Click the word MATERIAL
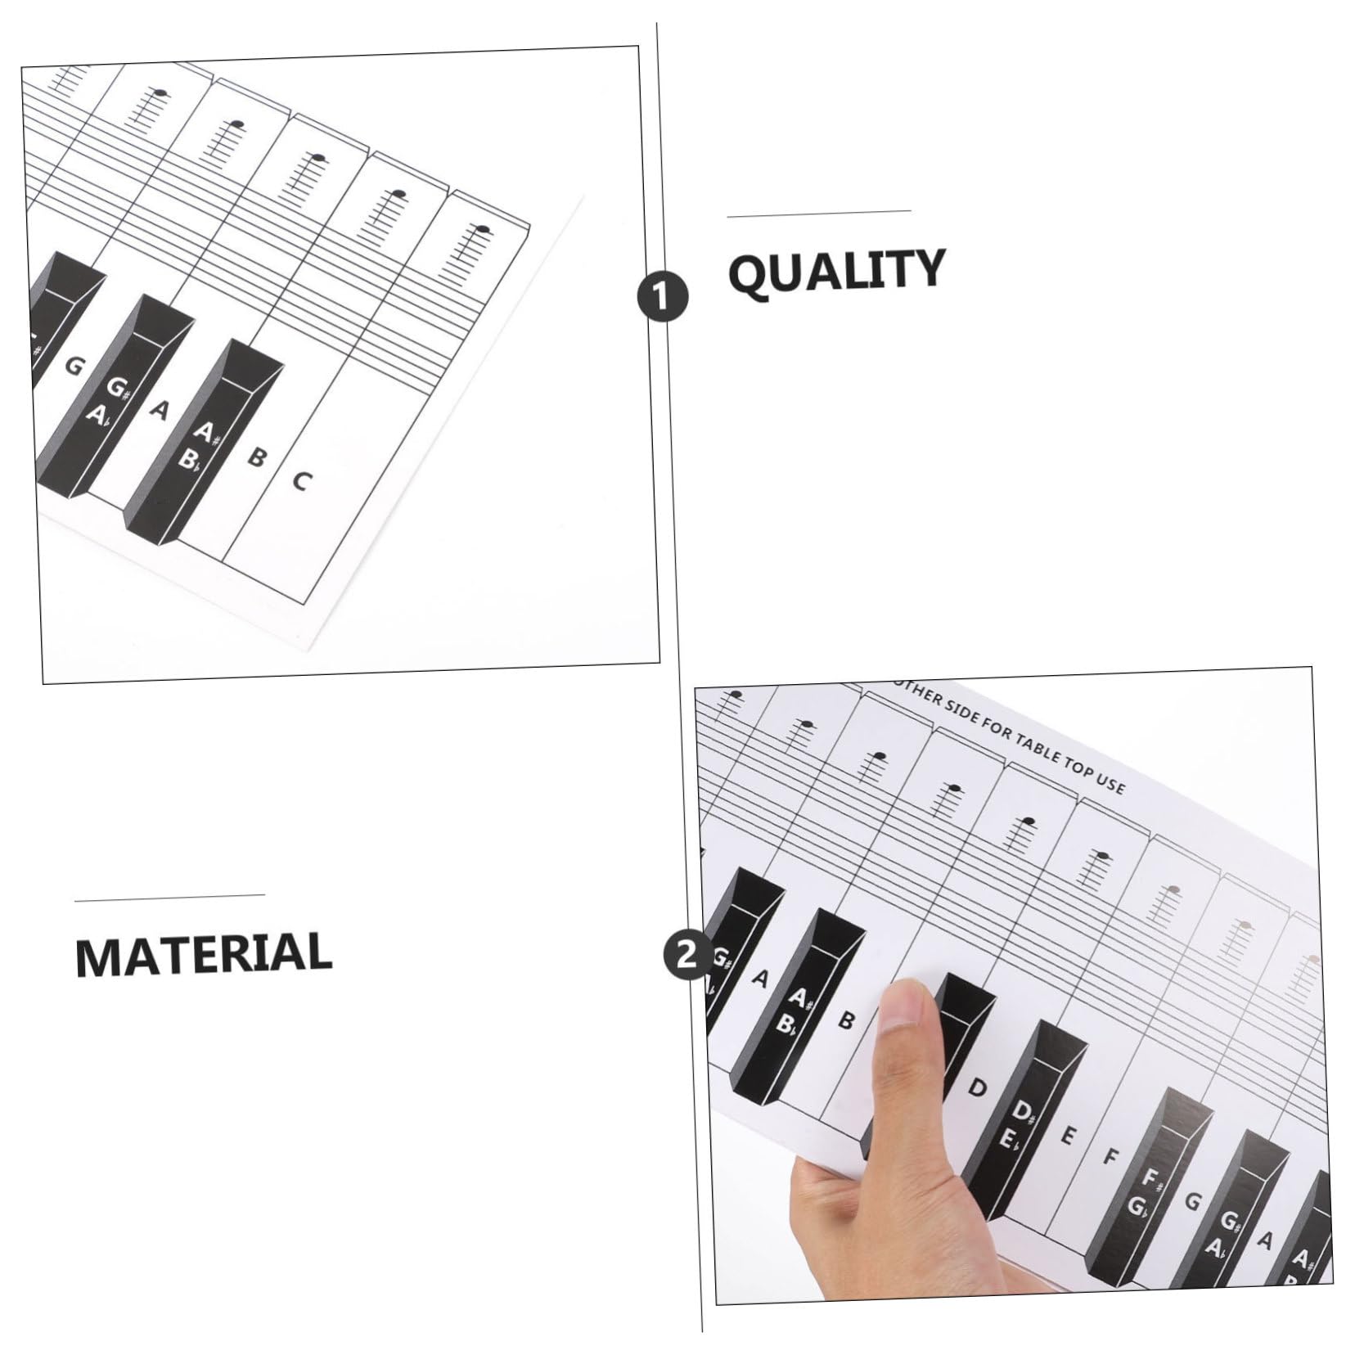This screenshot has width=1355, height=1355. point(203,953)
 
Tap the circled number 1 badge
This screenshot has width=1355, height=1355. point(663,296)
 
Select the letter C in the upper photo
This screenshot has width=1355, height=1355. point(301,481)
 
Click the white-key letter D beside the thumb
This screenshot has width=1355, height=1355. point(976,1087)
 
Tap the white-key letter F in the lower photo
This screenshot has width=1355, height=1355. point(1110,1157)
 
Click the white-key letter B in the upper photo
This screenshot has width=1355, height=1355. point(256,457)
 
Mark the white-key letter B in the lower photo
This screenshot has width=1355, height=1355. point(846,1020)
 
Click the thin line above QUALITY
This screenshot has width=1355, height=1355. point(819,214)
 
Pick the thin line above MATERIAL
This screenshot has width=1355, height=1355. point(169,898)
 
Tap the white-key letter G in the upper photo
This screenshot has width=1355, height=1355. point(74,366)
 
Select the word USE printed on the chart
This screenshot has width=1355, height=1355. point(1109,783)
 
